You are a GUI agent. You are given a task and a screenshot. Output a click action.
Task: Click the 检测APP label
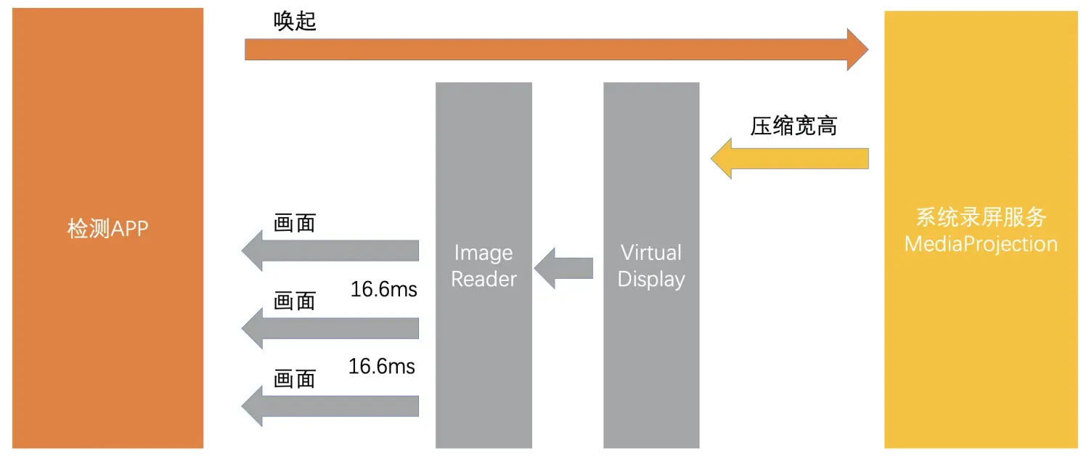(x=107, y=229)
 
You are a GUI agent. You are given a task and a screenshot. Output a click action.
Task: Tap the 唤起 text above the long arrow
(x=295, y=22)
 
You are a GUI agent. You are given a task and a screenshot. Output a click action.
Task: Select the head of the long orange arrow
(x=857, y=49)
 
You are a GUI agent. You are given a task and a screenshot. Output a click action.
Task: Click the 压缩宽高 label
(x=794, y=126)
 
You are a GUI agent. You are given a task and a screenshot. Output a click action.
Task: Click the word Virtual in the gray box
(x=650, y=253)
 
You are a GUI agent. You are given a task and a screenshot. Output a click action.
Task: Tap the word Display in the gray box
(x=650, y=279)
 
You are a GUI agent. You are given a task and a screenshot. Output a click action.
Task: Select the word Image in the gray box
(x=483, y=253)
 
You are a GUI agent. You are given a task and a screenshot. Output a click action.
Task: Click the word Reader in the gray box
(x=484, y=279)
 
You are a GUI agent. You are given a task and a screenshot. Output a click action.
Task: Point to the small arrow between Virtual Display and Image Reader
(x=563, y=268)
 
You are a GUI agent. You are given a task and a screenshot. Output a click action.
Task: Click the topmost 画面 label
(x=295, y=223)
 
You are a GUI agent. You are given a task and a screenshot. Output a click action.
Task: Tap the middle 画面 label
(x=295, y=301)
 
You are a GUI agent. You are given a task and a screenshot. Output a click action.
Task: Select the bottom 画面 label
(x=295, y=378)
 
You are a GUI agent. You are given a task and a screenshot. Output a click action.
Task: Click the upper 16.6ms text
(x=384, y=289)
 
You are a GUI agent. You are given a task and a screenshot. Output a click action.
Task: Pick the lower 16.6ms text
(x=382, y=366)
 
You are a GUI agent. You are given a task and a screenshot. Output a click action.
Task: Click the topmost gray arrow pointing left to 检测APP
(x=330, y=251)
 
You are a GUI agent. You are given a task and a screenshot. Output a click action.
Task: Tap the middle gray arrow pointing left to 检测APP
(x=330, y=328)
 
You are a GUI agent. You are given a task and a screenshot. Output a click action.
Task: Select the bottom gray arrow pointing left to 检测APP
(x=330, y=406)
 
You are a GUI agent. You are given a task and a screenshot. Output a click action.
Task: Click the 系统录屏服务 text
(x=980, y=217)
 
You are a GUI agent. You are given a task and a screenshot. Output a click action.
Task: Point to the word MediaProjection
(x=980, y=243)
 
